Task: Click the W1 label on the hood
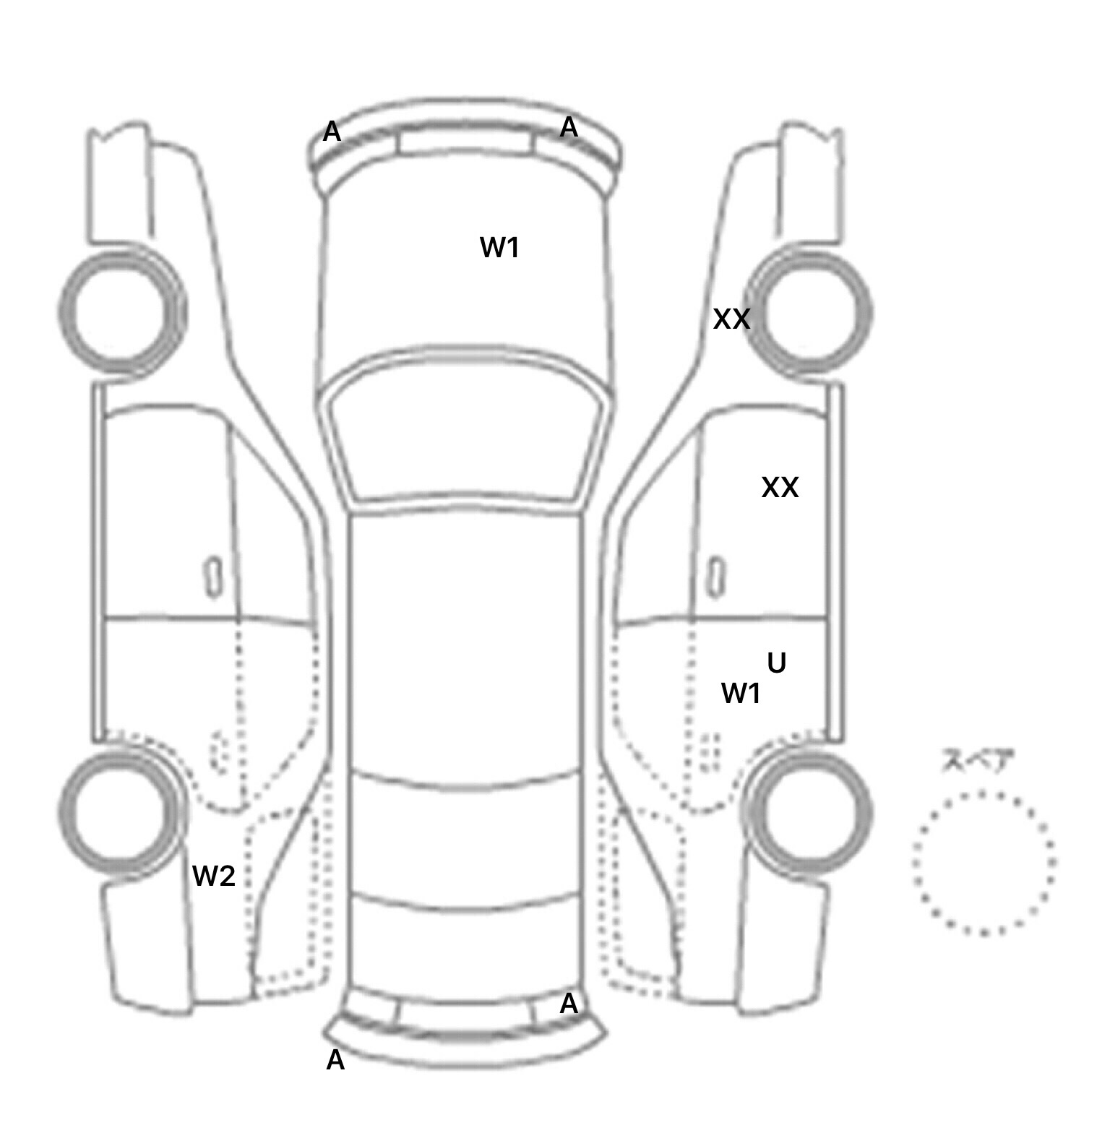[x=499, y=248]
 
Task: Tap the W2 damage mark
[x=214, y=876]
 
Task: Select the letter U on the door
[x=776, y=662]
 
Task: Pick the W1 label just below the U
[x=741, y=694]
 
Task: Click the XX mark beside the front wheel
[x=731, y=319]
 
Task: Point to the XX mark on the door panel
[x=780, y=488]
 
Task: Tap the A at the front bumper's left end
[x=332, y=132]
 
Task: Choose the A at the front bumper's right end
[x=569, y=127]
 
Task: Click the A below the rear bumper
[x=335, y=1060]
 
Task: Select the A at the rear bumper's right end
[x=569, y=1004]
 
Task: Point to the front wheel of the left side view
[x=121, y=312]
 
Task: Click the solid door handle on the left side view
[x=213, y=576]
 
